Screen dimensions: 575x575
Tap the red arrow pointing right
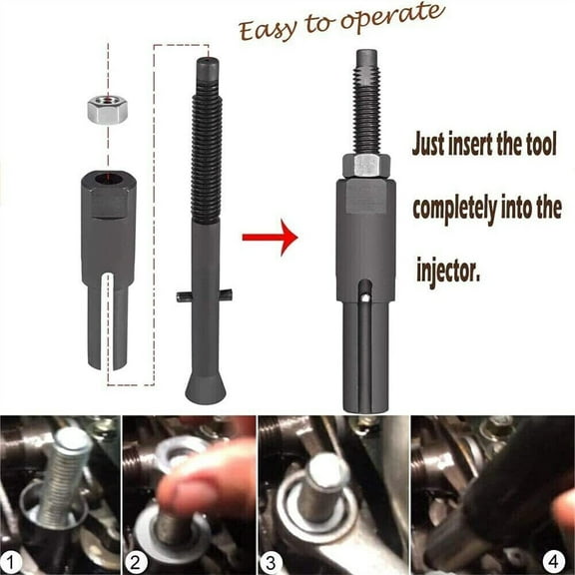pyautogui.click(x=270, y=238)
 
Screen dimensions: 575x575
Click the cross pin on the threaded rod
pyautogui.click(x=204, y=295)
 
